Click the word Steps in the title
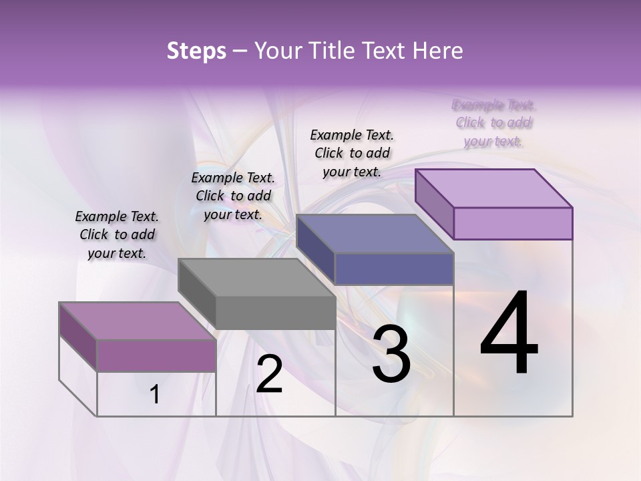coord(196,51)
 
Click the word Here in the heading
coord(438,51)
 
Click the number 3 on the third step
coord(391,355)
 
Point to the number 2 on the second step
coord(269,374)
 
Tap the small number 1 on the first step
coord(155,395)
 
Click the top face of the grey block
coord(256,277)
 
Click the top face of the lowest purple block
coord(138,321)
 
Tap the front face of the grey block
coord(275,313)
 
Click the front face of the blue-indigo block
coord(394,269)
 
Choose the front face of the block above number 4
coord(513,223)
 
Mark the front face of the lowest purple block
coord(156,355)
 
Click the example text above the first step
coord(117,234)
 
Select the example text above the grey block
coord(233,196)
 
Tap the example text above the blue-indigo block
coord(352,153)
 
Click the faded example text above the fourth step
coord(493,123)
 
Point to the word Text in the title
coord(387,51)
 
